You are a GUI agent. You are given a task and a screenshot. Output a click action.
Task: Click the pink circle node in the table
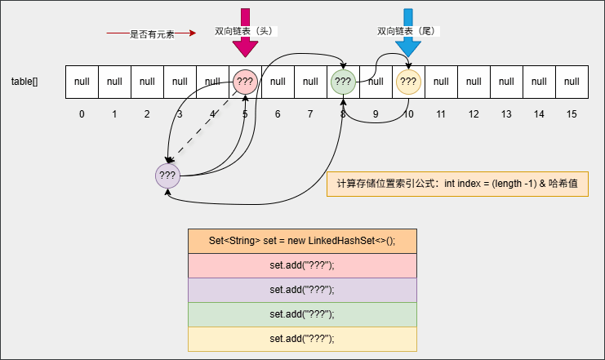click(246, 82)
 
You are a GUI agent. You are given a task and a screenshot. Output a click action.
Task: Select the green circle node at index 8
click(343, 82)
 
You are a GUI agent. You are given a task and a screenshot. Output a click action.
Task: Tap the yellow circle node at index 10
click(408, 82)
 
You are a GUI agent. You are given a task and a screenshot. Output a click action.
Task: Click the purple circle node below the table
click(167, 175)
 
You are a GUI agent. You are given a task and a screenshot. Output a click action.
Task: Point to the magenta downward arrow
click(245, 33)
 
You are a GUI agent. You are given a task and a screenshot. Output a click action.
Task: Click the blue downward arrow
click(408, 33)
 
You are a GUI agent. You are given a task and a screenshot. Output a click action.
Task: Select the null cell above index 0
click(82, 82)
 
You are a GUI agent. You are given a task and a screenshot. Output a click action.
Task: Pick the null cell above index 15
click(572, 82)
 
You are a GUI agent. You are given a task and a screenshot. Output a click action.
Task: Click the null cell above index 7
click(310, 82)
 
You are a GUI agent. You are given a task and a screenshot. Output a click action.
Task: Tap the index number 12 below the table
click(474, 114)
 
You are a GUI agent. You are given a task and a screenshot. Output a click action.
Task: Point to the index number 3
click(180, 114)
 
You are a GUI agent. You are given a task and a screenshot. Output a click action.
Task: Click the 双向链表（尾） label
click(406, 31)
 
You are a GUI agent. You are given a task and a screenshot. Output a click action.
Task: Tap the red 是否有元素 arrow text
click(152, 34)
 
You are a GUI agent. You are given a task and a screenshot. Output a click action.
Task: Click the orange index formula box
click(457, 184)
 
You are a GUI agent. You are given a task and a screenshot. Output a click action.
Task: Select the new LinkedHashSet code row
click(302, 241)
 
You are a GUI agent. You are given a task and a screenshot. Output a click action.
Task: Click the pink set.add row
click(302, 266)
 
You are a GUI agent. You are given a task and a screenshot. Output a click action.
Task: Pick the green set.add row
click(302, 314)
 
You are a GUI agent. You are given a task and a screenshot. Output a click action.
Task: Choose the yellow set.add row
click(302, 339)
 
